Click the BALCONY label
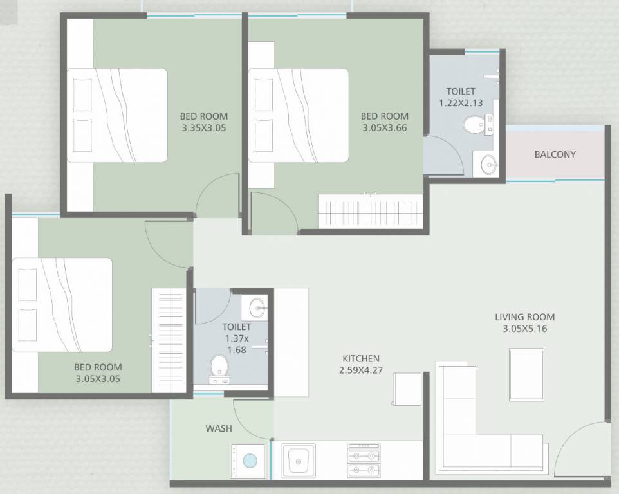(x=555, y=154)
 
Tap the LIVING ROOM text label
(x=524, y=316)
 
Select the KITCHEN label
(x=360, y=358)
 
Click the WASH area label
(x=219, y=428)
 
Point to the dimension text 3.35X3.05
(x=203, y=128)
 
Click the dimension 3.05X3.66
(x=384, y=128)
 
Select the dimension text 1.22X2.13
(x=460, y=103)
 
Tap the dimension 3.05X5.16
(x=524, y=329)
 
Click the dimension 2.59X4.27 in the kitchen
(x=360, y=370)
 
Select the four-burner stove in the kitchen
(x=364, y=461)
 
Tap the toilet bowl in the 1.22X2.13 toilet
(x=475, y=123)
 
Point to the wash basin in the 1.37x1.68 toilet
(x=257, y=307)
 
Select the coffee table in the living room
(x=526, y=374)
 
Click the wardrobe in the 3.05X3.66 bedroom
(x=371, y=212)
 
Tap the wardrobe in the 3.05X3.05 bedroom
(x=169, y=340)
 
